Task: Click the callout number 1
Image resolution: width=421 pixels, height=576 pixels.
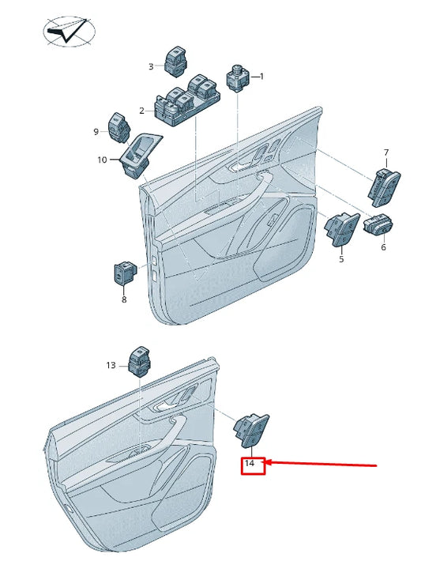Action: (261, 77)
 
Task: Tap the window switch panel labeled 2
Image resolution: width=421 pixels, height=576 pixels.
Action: (187, 100)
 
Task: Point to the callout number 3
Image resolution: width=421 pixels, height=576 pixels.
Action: (151, 66)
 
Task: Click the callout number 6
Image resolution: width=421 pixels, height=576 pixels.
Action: (384, 247)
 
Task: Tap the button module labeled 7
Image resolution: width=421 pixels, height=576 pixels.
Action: (384, 188)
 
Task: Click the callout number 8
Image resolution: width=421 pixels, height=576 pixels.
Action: (124, 299)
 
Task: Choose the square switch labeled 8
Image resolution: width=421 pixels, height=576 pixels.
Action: (125, 273)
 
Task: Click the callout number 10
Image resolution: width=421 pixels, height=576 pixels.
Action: (102, 160)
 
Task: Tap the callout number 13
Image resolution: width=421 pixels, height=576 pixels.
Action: (111, 365)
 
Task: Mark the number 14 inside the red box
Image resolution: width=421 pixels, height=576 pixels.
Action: (250, 464)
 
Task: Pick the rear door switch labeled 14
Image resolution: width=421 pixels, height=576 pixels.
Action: (252, 431)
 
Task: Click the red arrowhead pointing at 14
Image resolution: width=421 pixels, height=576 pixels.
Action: (269, 462)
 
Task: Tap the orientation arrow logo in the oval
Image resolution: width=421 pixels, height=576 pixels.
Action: (69, 31)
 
